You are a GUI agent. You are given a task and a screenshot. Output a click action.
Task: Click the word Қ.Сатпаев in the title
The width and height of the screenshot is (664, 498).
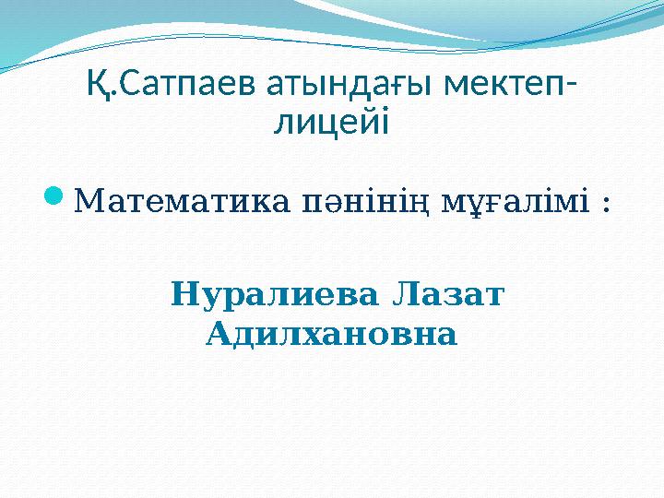[x=172, y=84]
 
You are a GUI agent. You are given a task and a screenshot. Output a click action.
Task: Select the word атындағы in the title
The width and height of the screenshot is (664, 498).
[x=350, y=85]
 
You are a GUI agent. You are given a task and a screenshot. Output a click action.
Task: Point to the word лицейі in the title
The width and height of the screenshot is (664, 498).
[x=332, y=122]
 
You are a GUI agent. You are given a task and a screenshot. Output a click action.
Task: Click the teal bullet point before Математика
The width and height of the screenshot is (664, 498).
[x=54, y=197]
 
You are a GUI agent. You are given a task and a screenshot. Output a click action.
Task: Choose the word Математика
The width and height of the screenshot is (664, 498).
[x=182, y=201]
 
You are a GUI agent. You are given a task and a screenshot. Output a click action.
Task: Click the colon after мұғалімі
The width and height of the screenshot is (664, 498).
[x=606, y=204]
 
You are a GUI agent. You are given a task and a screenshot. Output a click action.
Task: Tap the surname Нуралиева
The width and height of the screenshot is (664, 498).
[x=274, y=296]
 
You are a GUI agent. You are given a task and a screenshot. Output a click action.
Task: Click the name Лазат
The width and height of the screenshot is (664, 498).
[x=447, y=295]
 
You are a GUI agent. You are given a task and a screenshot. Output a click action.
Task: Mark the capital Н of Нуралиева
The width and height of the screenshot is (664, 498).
[x=184, y=295]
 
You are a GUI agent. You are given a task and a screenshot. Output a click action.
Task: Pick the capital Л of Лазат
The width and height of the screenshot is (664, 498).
[x=404, y=295]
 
